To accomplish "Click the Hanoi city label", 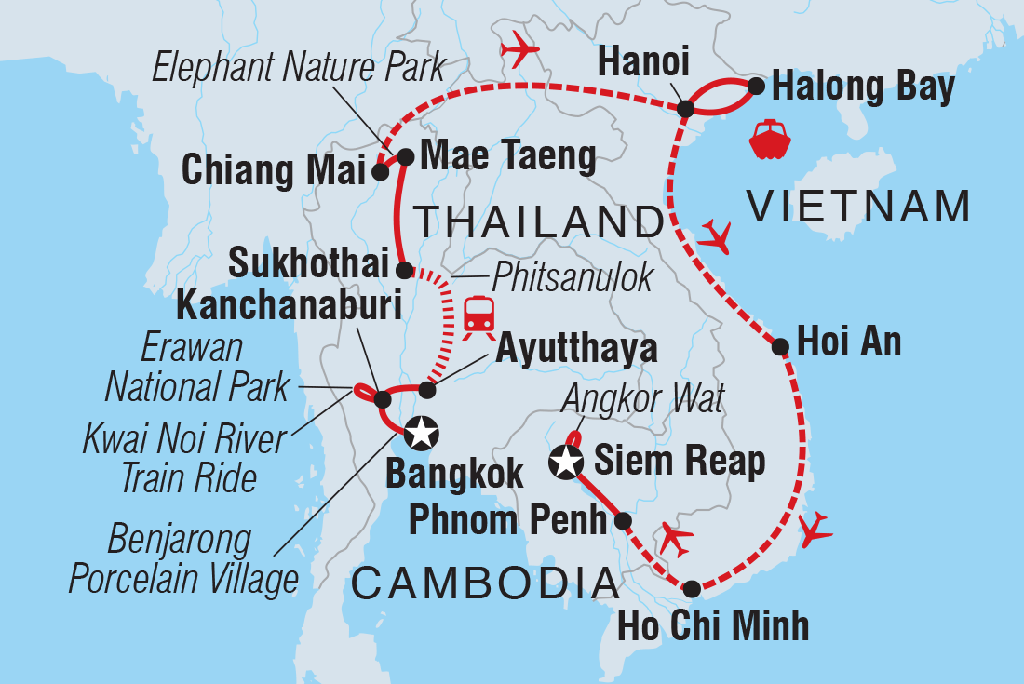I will [x=643, y=63].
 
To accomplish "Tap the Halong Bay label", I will [x=864, y=87].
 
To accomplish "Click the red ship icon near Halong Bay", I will [x=770, y=140].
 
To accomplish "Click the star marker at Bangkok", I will [x=420, y=431].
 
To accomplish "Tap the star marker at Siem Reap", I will [x=566, y=460].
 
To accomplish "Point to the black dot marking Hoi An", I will [x=781, y=347].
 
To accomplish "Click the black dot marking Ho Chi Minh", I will [x=692, y=588].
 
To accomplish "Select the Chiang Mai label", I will [x=272, y=171].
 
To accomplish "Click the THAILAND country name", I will [x=538, y=223].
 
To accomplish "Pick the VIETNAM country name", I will [x=858, y=206].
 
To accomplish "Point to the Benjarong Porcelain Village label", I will [x=182, y=558].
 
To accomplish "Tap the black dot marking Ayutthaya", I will [x=427, y=389].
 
